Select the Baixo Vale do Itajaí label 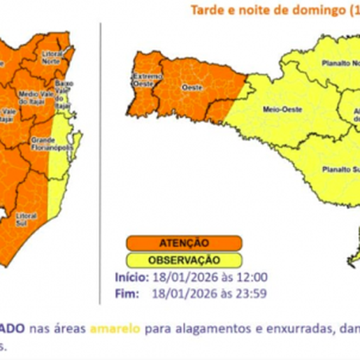point(65,89)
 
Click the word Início point(130,277)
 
